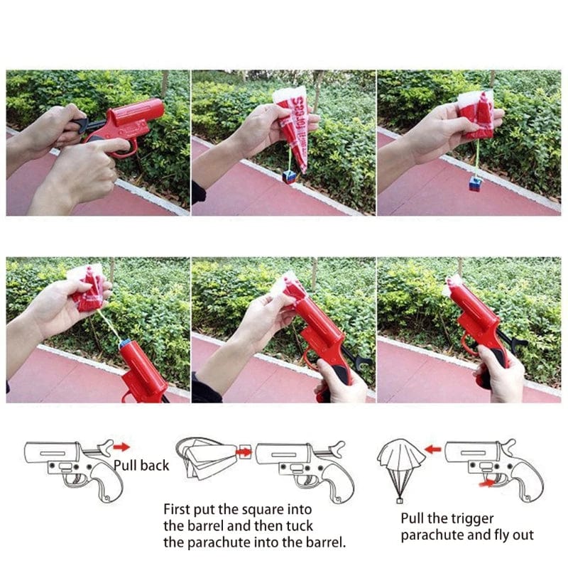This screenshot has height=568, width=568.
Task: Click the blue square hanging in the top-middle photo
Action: pyautogui.click(x=289, y=175)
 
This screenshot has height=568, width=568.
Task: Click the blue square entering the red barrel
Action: pyautogui.click(x=126, y=344)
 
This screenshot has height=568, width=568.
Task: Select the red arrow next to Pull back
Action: pyautogui.click(x=122, y=447)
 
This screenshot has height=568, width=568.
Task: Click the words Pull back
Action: pyautogui.click(x=141, y=466)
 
